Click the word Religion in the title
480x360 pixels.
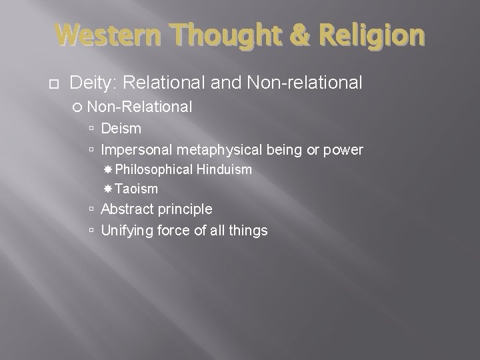point(368,34)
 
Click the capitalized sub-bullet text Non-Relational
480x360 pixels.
point(140,106)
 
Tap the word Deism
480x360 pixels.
point(121,127)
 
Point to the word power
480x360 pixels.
point(344,149)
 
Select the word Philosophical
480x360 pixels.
point(156,169)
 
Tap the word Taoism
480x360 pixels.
point(136,189)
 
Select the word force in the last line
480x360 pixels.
point(175,231)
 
